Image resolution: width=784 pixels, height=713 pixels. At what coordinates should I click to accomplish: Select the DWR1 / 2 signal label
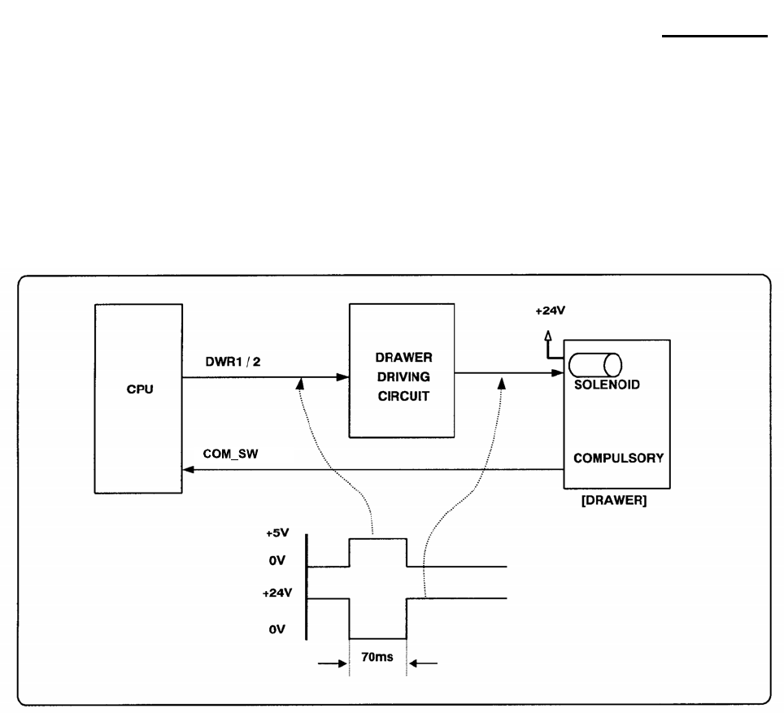click(233, 363)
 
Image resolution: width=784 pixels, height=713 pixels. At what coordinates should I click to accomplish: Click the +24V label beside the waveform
click(274, 593)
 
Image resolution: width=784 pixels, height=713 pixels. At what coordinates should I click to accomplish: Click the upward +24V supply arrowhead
click(548, 335)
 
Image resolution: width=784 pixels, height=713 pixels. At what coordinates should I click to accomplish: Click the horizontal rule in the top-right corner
click(713, 36)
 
